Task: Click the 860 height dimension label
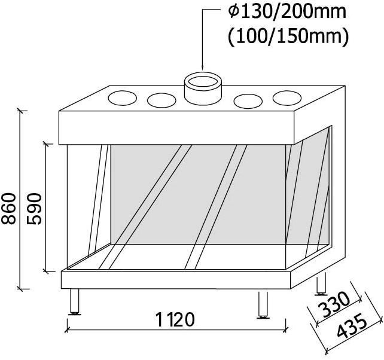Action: click(x=8, y=209)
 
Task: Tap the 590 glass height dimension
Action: click(x=34, y=209)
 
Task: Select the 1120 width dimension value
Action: click(x=175, y=319)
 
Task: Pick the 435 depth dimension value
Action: click(x=352, y=326)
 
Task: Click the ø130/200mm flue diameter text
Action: click(x=287, y=11)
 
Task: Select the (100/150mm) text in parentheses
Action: click(x=288, y=36)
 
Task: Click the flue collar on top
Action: click(x=203, y=89)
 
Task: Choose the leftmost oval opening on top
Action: click(x=122, y=98)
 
